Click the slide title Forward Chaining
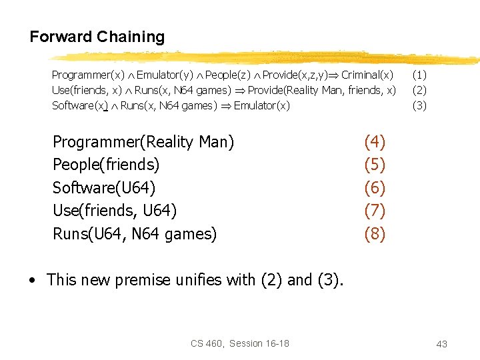97,37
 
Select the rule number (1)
419,75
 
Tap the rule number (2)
419,90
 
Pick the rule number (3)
419,105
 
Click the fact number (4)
375,142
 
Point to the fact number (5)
375,165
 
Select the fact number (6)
375,188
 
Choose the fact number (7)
375,211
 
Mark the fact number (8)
375,234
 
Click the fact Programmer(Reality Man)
143,142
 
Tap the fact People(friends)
106,165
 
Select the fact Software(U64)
104,188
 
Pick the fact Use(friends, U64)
115,211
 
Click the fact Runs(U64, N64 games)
135,234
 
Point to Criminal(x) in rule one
367,75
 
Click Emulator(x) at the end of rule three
262,105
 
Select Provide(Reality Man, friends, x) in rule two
321,90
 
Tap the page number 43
441,344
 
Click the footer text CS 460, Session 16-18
240,343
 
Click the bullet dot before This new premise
32,281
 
